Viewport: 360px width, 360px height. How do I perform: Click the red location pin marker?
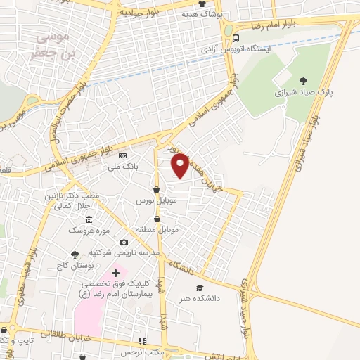[x=181, y=165]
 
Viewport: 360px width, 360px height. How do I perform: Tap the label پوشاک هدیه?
[x=202, y=14]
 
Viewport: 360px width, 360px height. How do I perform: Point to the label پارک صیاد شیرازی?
[x=302, y=92]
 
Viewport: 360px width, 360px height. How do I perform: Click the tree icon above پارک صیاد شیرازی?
[x=303, y=81]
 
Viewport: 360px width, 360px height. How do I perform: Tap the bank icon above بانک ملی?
[x=123, y=155]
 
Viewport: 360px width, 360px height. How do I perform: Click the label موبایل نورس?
[x=154, y=200]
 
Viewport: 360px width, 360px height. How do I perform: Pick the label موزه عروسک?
[x=84, y=231]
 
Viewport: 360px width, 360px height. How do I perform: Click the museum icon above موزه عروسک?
[x=89, y=219]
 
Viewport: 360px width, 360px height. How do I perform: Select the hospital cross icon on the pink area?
[x=115, y=272]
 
